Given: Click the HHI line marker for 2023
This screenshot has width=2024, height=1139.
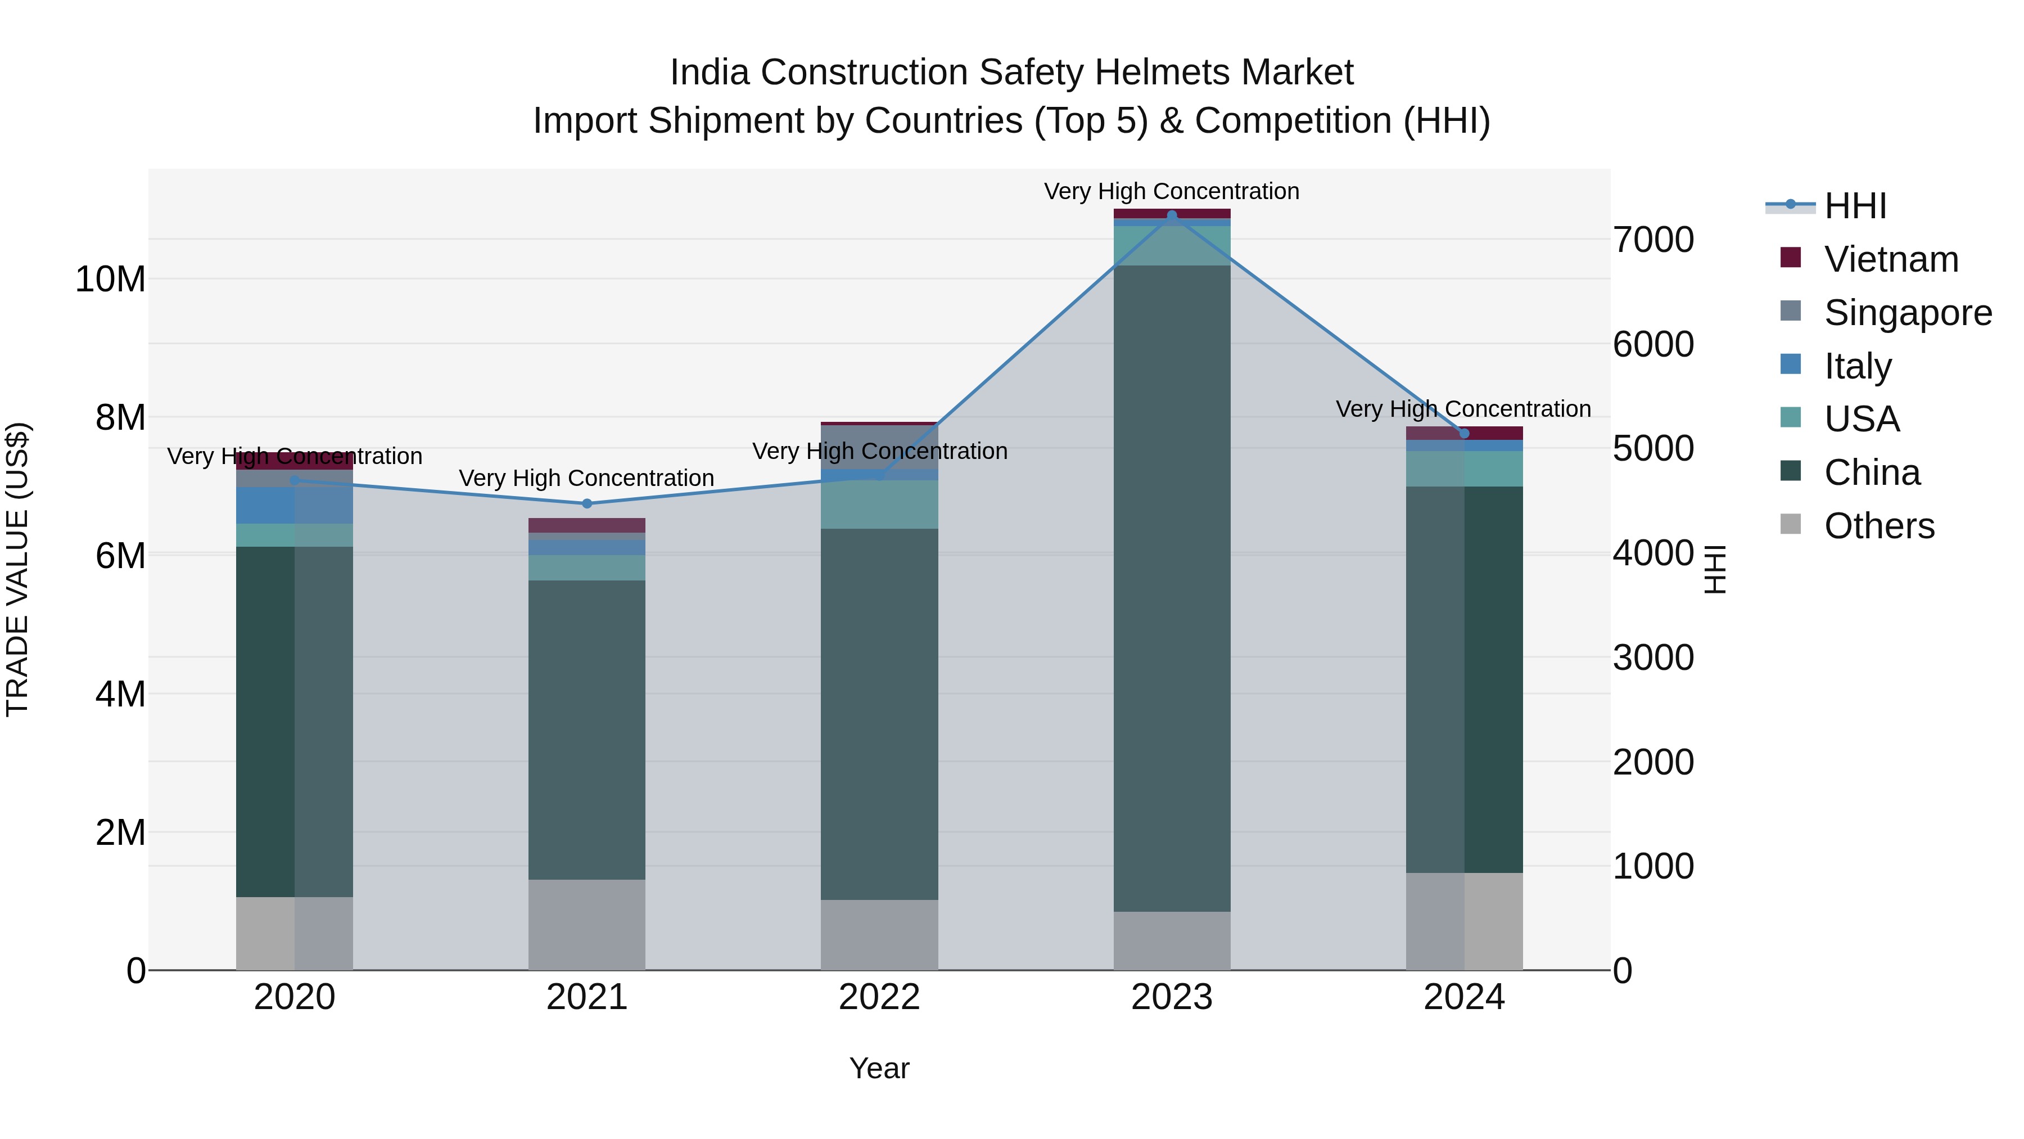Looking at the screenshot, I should tap(1172, 215).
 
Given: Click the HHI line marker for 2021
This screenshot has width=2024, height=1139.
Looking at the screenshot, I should tap(587, 504).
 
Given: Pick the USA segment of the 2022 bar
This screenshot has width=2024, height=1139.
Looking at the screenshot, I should tap(879, 504).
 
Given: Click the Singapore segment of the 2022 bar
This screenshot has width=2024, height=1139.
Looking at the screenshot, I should tap(879, 447).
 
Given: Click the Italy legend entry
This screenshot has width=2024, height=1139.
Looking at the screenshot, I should tap(1858, 366).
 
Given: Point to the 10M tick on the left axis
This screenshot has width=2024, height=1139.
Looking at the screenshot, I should tap(110, 279).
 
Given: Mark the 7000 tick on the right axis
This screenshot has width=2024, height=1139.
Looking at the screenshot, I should tap(1653, 240).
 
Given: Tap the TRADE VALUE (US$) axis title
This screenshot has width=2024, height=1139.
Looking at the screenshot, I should tap(17, 569).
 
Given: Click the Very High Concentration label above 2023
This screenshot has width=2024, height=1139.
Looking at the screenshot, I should tap(1172, 191).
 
